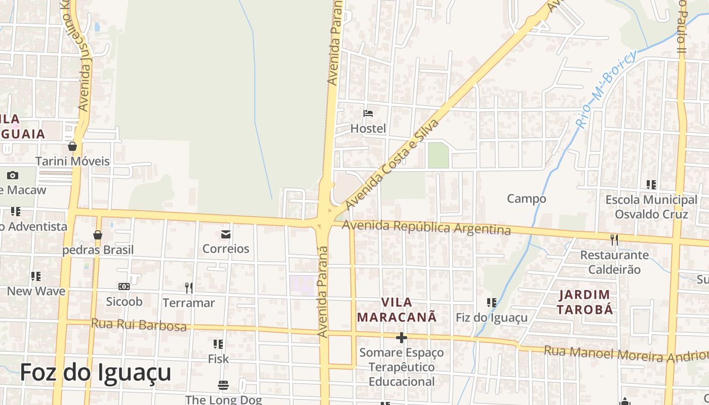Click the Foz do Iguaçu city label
pyautogui.click(x=96, y=373)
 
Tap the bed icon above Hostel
pyautogui.click(x=368, y=113)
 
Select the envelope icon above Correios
pyautogui.click(x=226, y=234)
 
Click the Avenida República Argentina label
pyautogui.click(x=426, y=228)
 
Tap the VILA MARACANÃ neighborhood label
pyautogui.click(x=397, y=310)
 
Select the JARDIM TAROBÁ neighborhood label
pyautogui.click(x=585, y=302)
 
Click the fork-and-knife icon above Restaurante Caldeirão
pyautogui.click(x=614, y=239)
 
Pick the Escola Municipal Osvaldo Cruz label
pyautogui.click(x=651, y=207)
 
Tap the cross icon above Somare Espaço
pyautogui.click(x=402, y=338)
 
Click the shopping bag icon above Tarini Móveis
pyautogui.click(x=72, y=146)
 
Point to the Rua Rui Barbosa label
pyautogui.click(x=138, y=325)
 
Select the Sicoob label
pyautogui.click(x=124, y=302)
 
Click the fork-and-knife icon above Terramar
pyautogui.click(x=189, y=288)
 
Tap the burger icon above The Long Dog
pyautogui.click(x=223, y=385)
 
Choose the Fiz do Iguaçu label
pyautogui.click(x=492, y=318)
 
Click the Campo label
pyautogui.click(x=527, y=199)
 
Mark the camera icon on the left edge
pyautogui.click(x=13, y=175)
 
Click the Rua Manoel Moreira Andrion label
pyautogui.click(x=626, y=353)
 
